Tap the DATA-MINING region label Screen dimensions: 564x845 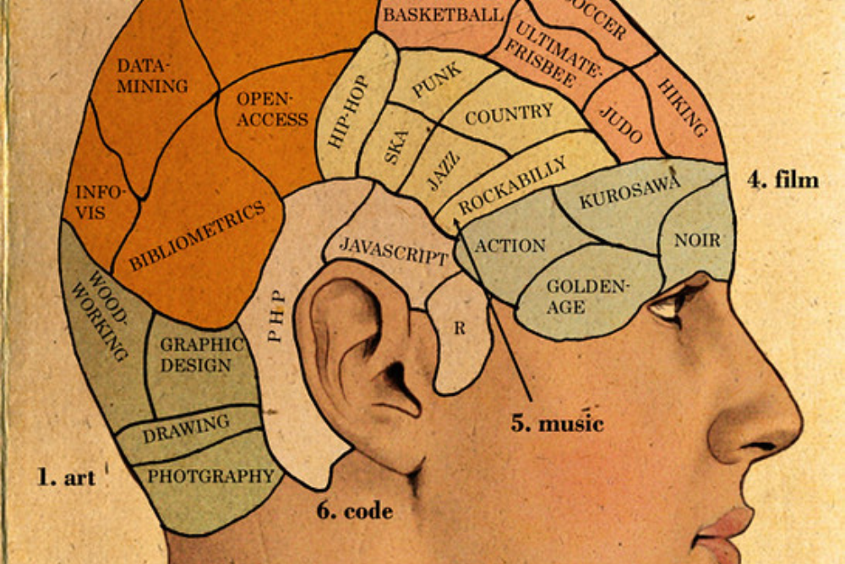pos(152,76)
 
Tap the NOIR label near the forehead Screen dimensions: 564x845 pos(697,240)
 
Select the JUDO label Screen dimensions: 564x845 pos(621,123)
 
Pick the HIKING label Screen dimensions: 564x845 pos(682,107)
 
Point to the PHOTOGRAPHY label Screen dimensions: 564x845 pos(211,476)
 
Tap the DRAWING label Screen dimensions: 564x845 pos(186,429)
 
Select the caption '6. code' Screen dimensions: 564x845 pos(355,511)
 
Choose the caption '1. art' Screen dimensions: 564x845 pos(66,478)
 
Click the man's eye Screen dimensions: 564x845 pos(668,306)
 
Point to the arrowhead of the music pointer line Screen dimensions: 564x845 pos(456,222)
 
